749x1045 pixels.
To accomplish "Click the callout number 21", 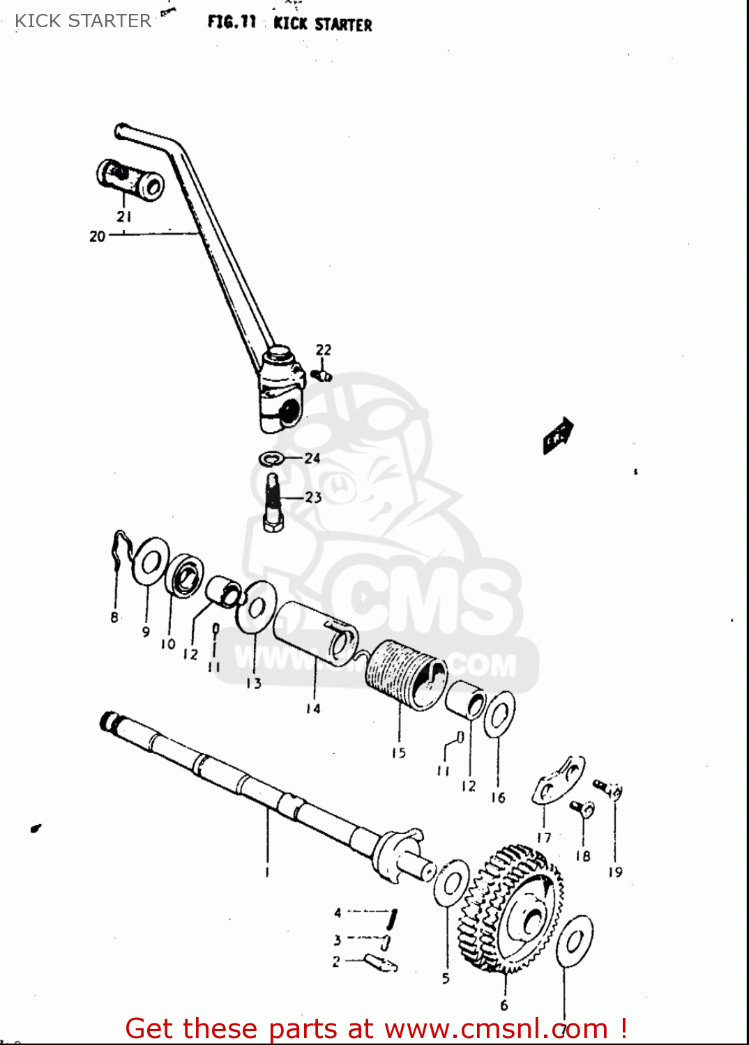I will click(124, 217).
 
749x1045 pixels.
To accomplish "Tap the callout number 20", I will click(97, 236).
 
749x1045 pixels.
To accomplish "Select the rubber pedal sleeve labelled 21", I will click(130, 180).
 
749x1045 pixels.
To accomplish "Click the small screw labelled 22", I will click(321, 376).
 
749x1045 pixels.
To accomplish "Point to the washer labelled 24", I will click(271, 459).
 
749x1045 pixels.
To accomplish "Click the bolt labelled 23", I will click(273, 502).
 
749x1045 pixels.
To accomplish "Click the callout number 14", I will click(313, 709).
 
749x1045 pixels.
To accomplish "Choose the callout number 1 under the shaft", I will click(267, 872).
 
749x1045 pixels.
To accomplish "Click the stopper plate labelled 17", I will click(559, 780).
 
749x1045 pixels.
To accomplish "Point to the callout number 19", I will click(615, 872).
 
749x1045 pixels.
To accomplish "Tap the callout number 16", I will click(498, 798).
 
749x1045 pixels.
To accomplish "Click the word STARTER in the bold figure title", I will click(343, 25).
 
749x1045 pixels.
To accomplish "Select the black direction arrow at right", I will click(559, 435).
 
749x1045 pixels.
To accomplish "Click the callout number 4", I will click(338, 913).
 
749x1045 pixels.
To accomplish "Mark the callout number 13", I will click(254, 683).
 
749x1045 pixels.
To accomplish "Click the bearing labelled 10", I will click(186, 575).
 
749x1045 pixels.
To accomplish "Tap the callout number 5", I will click(446, 978).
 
